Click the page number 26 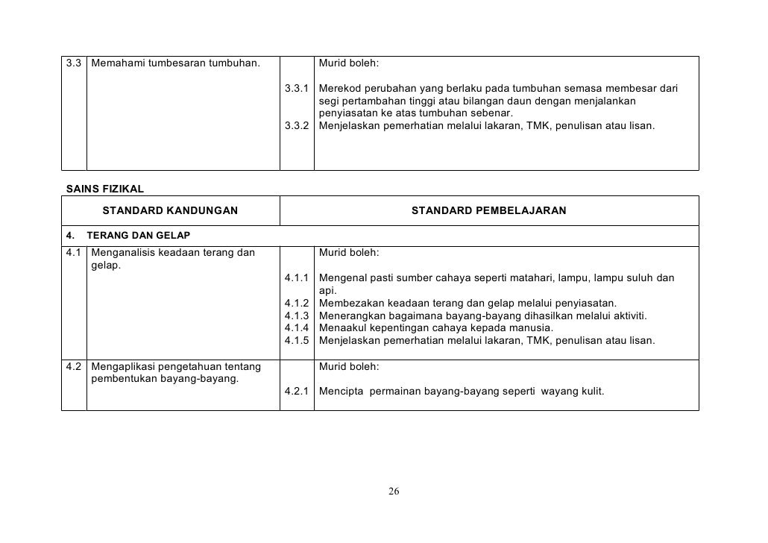click(x=394, y=492)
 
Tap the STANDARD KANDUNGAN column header click(x=170, y=211)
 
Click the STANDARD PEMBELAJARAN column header click(x=488, y=211)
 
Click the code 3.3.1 click(x=297, y=89)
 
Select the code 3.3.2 click(x=297, y=125)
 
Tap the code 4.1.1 click(x=297, y=278)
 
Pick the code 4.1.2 click(x=297, y=304)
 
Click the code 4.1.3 click(x=297, y=316)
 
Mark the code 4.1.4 click(x=297, y=328)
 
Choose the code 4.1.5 click(x=297, y=341)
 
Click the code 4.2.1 click(x=297, y=390)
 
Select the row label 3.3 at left click(x=74, y=63)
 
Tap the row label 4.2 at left click(x=74, y=367)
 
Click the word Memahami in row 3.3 click(x=116, y=63)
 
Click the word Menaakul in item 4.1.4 click(x=342, y=328)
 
